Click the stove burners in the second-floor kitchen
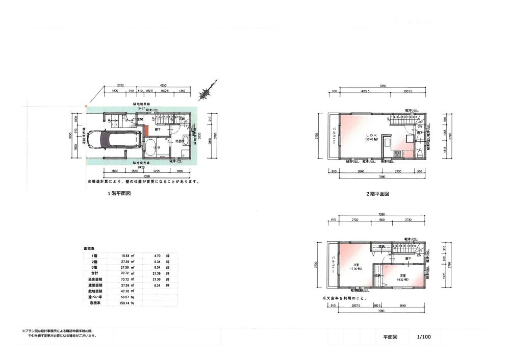[397, 153]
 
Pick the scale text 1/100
[424, 337]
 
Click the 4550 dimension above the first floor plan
[162, 85]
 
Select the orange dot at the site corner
[86, 107]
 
